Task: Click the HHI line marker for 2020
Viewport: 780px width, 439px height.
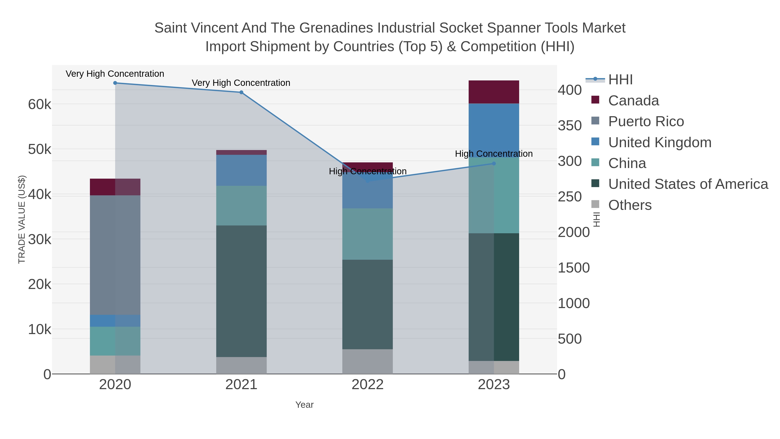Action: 115,83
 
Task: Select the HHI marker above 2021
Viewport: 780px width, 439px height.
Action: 241,92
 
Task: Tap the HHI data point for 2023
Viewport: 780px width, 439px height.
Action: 494,164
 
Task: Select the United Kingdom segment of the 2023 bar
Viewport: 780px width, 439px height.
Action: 494,130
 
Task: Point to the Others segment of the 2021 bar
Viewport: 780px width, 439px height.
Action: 241,365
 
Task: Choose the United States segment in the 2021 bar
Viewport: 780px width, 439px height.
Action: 241,291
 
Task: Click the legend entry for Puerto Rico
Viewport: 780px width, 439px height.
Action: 646,121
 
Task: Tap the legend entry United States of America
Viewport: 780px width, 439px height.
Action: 688,184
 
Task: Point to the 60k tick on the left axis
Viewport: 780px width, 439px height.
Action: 40,104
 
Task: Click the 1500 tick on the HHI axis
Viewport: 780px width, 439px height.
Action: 574,268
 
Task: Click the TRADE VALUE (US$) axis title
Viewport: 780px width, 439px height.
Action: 22,219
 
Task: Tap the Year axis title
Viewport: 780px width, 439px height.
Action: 304,405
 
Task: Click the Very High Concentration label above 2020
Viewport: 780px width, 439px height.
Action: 115,74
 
